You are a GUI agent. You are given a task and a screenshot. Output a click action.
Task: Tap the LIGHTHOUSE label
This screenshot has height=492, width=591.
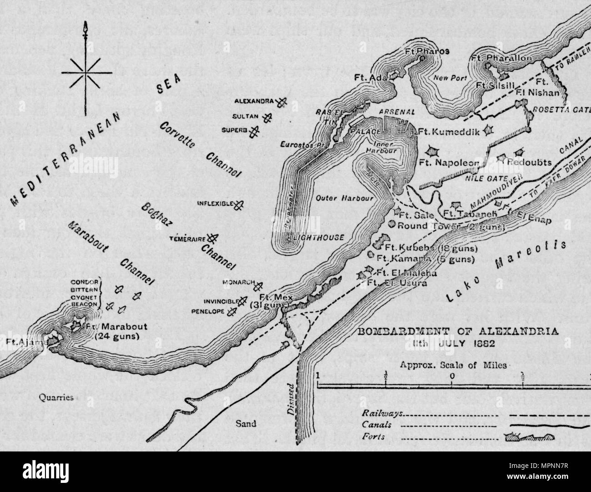pos(319,237)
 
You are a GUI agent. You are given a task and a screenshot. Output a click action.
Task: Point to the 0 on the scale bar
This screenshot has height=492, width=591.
pos(452,376)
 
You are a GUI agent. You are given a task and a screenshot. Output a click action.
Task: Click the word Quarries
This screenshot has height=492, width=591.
pos(56,397)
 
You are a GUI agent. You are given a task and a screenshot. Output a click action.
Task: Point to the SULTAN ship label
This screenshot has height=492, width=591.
pos(247,116)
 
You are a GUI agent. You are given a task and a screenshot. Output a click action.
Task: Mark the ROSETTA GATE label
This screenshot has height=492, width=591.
pos(561,110)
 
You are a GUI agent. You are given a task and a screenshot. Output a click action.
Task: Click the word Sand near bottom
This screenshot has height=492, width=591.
pos(246,423)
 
